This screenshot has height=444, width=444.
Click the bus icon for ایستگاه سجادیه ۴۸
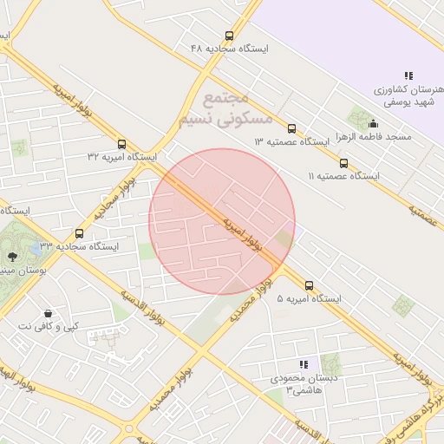[x=229, y=36]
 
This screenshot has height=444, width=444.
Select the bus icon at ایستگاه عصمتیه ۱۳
[x=291, y=128]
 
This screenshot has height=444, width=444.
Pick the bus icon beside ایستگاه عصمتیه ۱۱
[x=343, y=163]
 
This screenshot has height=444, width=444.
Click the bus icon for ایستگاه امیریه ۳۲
[x=121, y=144]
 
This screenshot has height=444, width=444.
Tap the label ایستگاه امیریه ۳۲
[x=121, y=157]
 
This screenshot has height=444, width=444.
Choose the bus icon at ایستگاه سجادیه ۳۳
[x=80, y=233]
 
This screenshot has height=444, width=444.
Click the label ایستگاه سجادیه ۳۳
[x=83, y=246]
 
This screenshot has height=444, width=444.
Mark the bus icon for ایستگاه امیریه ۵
[x=309, y=285]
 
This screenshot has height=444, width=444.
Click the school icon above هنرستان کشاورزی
[x=408, y=76]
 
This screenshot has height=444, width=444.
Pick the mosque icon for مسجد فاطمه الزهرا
[x=374, y=123]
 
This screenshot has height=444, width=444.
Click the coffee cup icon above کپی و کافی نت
[x=48, y=312]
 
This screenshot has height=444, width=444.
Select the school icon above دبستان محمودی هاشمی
[x=303, y=365]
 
